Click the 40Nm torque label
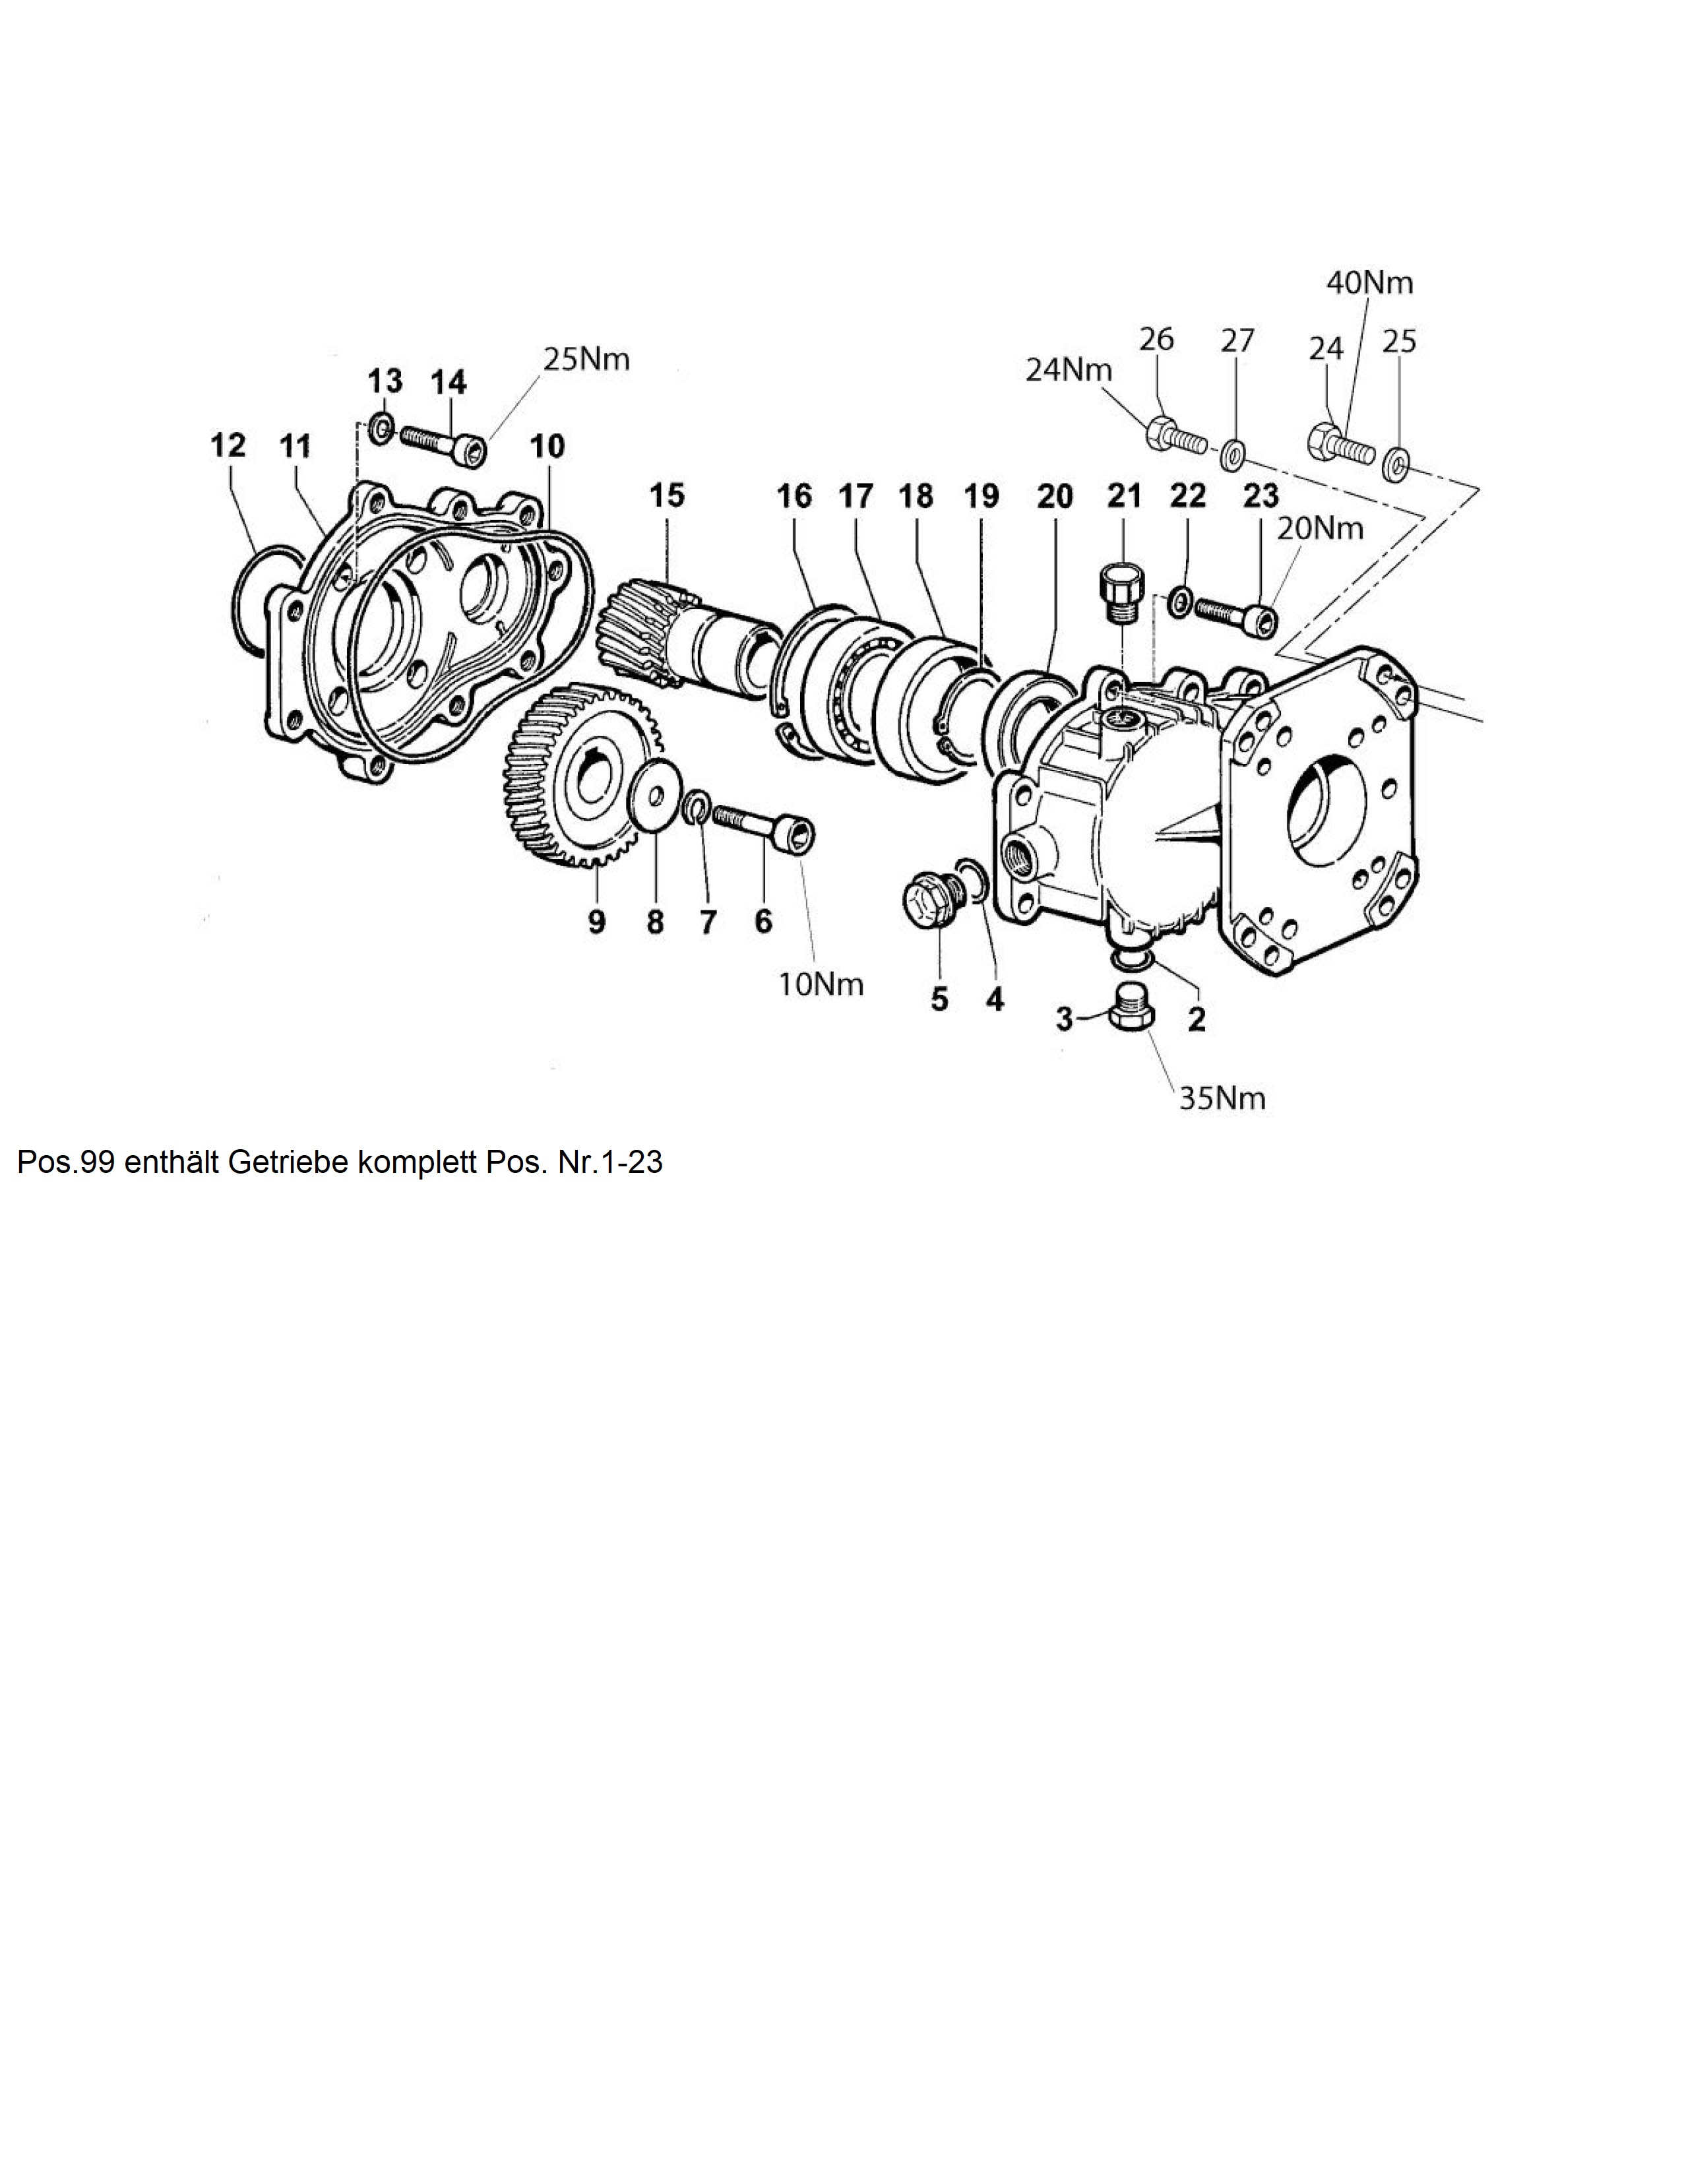pyautogui.click(x=1369, y=283)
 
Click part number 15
pyautogui.click(x=668, y=495)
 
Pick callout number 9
pyautogui.click(x=596, y=922)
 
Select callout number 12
pyautogui.click(x=228, y=445)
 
